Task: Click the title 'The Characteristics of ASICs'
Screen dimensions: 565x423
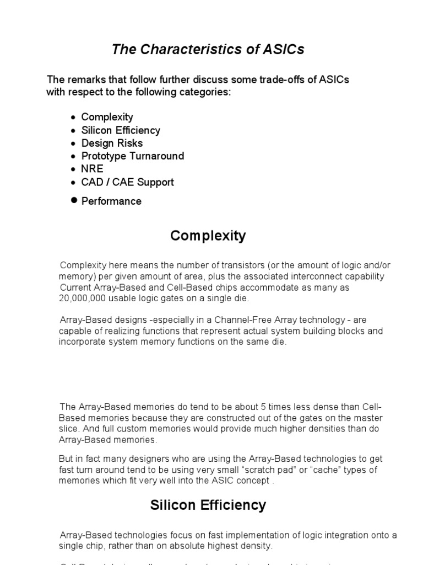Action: click(208, 50)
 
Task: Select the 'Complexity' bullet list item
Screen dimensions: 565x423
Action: click(107, 117)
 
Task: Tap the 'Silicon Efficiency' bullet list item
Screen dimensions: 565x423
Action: click(121, 130)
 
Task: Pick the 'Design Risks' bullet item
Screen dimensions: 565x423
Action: click(112, 143)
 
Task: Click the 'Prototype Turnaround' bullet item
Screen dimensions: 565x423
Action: click(132, 156)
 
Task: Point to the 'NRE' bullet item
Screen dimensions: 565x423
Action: click(92, 169)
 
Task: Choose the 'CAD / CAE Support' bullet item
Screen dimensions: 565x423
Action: click(127, 182)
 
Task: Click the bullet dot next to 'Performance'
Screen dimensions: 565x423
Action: click(74, 200)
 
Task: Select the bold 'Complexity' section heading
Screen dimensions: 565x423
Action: click(208, 236)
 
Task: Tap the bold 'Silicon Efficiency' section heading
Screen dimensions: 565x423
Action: click(208, 505)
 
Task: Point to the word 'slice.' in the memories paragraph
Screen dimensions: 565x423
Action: click(70, 429)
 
